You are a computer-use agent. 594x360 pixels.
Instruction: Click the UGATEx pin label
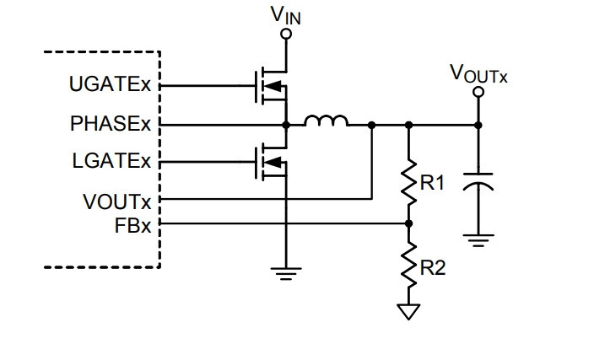[x=110, y=84]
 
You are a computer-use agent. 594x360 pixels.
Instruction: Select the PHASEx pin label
[x=111, y=123]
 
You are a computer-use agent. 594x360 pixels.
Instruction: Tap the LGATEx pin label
[x=111, y=161]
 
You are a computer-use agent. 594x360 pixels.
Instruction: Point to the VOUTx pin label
[x=117, y=201]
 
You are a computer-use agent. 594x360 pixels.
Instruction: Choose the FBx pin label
[x=132, y=226]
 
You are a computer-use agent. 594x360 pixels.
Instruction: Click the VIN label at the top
[x=286, y=15]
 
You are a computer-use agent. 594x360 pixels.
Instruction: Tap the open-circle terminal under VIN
[x=286, y=35]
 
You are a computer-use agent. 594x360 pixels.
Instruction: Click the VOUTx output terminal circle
[x=479, y=92]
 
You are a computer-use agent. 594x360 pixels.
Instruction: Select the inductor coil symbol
[x=327, y=121]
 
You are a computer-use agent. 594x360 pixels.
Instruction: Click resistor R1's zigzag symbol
[x=408, y=183]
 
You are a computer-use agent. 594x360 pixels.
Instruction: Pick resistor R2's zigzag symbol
[x=408, y=265]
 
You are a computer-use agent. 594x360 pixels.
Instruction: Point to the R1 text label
[x=432, y=183]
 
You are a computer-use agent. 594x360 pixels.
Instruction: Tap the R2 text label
[x=433, y=268]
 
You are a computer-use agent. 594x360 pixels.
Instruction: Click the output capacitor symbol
[x=478, y=181]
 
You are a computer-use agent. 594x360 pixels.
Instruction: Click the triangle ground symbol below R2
[x=408, y=312]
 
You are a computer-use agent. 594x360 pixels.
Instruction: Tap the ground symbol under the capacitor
[x=478, y=241]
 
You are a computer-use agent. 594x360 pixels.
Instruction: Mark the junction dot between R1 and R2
[x=408, y=223]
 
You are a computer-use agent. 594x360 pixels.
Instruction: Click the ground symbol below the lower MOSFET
[x=286, y=274]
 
